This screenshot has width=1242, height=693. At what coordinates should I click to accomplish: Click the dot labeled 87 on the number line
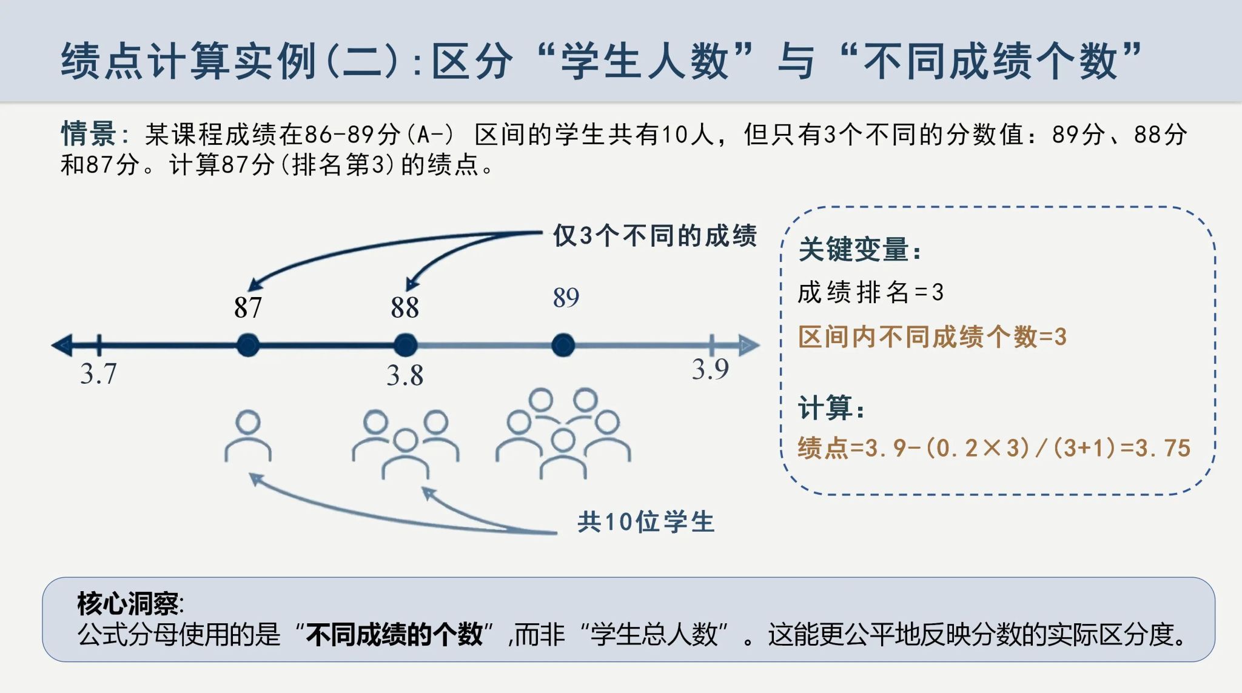pos(248,345)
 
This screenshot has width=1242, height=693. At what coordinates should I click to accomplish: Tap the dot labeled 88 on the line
pos(405,345)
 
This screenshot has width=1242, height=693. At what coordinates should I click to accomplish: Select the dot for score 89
pos(563,345)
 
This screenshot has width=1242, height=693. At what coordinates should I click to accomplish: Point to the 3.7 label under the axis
pos(98,373)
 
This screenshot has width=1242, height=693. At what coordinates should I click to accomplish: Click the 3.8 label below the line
pos(405,375)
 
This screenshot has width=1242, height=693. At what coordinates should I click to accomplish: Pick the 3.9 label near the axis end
pos(710,369)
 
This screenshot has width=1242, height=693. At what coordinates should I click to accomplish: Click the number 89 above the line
pos(566,297)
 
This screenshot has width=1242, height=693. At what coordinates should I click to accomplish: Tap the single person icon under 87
pos(248,436)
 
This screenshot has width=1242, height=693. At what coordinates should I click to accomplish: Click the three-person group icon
pos(406,444)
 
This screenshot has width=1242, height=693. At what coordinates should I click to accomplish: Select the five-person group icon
pos(563,434)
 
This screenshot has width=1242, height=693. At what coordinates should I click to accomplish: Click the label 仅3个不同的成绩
pos(655,235)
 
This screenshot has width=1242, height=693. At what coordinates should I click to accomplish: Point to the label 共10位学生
pos(646,522)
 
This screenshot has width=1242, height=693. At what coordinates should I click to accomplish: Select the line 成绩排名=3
pos(871,292)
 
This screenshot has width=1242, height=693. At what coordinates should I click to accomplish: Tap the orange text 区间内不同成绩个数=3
pos(932,337)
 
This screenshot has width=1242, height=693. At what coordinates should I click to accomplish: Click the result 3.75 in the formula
pos(1163,448)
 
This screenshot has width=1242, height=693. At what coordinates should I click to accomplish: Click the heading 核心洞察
pos(130,603)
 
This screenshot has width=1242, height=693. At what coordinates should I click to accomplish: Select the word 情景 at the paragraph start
pos(89,133)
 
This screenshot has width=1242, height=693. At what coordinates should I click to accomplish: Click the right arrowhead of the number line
pos(748,345)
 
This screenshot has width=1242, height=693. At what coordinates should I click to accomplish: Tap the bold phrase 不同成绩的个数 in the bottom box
pos(394,635)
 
